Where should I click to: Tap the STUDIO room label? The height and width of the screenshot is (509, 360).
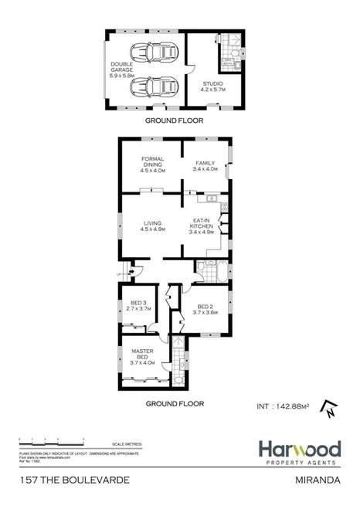click(212, 87)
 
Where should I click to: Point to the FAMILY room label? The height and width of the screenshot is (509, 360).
click(205, 167)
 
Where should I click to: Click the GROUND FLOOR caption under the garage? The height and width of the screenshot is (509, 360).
click(174, 122)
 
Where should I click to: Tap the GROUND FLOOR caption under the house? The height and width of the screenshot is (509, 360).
click(174, 403)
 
